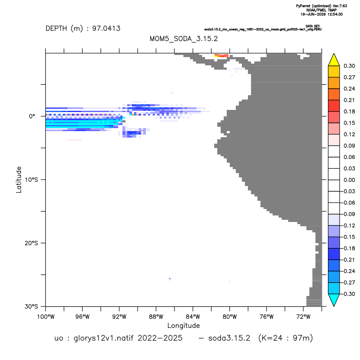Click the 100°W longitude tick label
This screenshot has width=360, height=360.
(46, 317)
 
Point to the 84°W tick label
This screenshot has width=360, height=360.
(193, 317)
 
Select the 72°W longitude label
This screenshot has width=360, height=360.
(303, 317)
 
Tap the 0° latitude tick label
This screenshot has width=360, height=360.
(32, 116)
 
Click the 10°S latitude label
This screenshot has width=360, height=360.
(31, 180)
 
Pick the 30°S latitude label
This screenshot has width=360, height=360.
(31, 306)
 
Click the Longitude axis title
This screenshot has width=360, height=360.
(183, 325)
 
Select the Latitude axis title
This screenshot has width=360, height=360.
(19, 180)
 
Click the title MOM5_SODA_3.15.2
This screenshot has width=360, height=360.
(183, 39)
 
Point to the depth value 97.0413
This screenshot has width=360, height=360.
(106, 29)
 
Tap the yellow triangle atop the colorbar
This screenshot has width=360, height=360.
(334, 60)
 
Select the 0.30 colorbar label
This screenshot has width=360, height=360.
(349, 66)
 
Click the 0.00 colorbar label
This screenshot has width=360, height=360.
(349, 180)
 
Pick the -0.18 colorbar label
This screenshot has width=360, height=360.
(348, 248)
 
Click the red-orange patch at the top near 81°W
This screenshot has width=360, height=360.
(222, 55)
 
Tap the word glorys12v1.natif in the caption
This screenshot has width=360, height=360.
(104, 338)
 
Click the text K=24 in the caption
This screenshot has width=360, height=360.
(272, 338)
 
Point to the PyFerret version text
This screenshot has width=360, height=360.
(321, 6)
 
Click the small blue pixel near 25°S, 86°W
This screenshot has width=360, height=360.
(170, 279)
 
